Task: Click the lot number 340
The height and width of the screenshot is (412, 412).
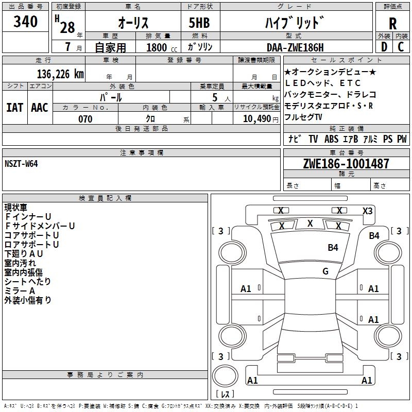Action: pyautogui.click(x=26, y=22)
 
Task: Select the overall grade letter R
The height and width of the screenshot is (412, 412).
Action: pyautogui.click(x=392, y=23)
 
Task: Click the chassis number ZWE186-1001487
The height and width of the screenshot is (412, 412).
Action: pyautogui.click(x=346, y=164)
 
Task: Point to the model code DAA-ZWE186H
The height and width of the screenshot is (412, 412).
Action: pyautogui.click(x=295, y=47)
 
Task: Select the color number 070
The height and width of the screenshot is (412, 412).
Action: pyautogui.click(x=85, y=119)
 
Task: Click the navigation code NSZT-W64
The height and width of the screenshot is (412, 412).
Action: pyautogui.click(x=21, y=164)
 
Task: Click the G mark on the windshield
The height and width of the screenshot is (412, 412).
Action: pyautogui.click(x=325, y=271)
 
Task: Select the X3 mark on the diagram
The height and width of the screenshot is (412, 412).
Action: pyautogui.click(x=368, y=211)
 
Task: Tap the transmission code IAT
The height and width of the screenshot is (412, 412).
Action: pyautogui.click(x=14, y=108)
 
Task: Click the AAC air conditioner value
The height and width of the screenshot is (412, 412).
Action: pyautogui.click(x=40, y=108)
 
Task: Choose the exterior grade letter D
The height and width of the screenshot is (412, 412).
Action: pyautogui.click(x=384, y=47)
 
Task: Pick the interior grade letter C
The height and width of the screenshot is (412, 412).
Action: pyautogui.click(x=401, y=47)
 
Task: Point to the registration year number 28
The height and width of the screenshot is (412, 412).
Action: pyautogui.click(x=67, y=27)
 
